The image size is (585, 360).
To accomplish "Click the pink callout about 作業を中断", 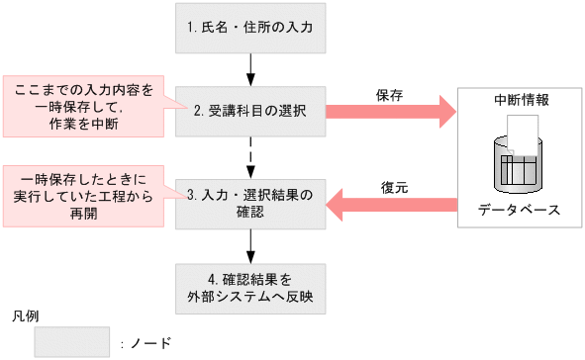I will (84, 106).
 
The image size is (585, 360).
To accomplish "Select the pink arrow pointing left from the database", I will (391, 206).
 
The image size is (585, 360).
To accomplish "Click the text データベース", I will (520, 211).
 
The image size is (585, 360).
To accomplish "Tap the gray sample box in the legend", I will (71, 342).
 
